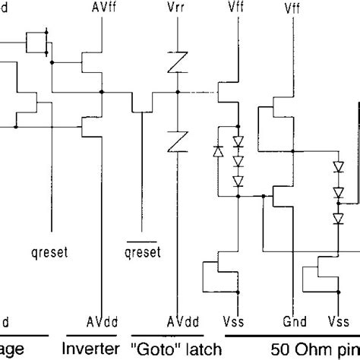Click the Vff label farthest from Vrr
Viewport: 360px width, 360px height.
coord(291,10)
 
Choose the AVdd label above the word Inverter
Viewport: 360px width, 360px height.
coord(100,320)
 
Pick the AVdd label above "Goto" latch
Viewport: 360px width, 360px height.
coord(177,320)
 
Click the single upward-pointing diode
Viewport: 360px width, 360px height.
coord(219,150)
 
